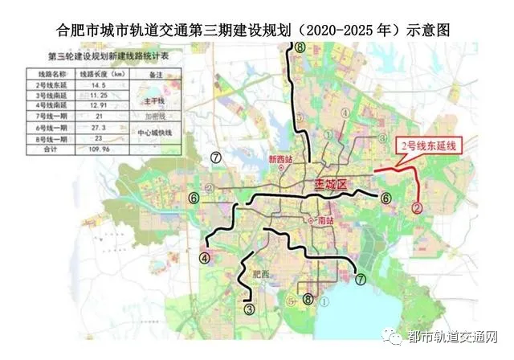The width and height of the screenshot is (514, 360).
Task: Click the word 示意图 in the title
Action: [x=425, y=30]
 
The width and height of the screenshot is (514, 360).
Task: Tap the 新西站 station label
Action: [x=283, y=157]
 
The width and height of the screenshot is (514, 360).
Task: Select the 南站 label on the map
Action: [x=324, y=219]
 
